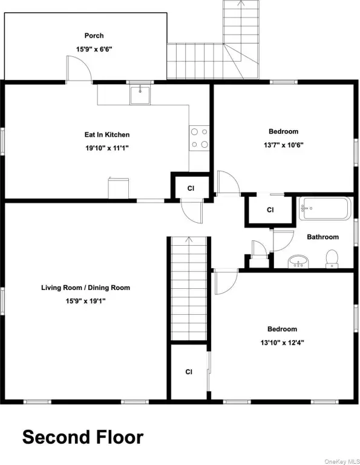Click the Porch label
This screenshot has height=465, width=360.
point(94,36)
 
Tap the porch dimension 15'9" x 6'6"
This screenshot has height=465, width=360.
point(94,49)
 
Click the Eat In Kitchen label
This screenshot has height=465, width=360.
point(107,134)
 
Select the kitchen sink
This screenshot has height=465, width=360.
point(140,94)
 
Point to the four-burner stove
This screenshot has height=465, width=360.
point(199,138)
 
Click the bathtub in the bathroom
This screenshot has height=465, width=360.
point(325,208)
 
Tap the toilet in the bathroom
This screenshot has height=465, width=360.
point(332,259)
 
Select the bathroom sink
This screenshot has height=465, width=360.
point(298,262)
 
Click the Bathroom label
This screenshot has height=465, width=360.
point(322,237)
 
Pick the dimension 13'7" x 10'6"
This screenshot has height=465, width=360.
point(284,145)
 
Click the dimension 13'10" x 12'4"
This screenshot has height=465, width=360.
point(282,343)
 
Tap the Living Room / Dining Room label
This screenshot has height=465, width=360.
point(85,288)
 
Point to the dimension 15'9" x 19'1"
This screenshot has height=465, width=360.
point(86,301)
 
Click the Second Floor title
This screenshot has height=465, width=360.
point(83,437)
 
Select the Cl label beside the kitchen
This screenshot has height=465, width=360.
point(191,188)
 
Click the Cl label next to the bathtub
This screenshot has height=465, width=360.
point(270,210)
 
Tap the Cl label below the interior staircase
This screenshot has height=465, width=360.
point(189,372)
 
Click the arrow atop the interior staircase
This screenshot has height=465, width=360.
point(189,240)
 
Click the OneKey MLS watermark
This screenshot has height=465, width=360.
point(342,461)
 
